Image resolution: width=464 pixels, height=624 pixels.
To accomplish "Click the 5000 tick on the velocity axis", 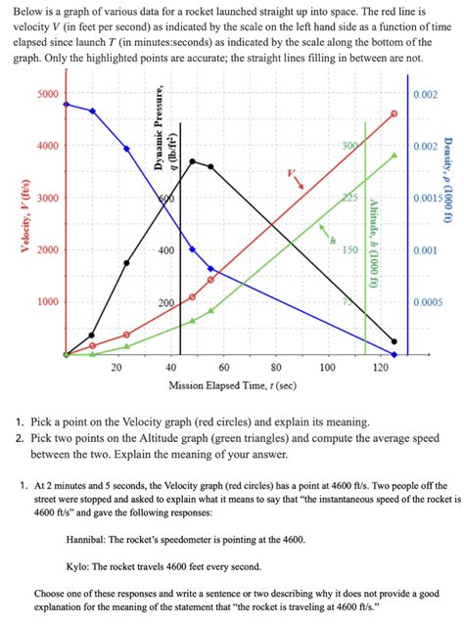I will (x=46, y=95).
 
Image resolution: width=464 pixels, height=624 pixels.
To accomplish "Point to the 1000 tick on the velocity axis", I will (x=46, y=301).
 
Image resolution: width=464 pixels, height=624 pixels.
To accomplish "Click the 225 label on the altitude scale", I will (x=349, y=198).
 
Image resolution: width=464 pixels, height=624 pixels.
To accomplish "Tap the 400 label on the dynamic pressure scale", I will (x=167, y=250).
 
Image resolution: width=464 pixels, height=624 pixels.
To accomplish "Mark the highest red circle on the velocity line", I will (x=394, y=113).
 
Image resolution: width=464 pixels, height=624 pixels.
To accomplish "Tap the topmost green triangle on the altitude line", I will (x=394, y=155).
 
